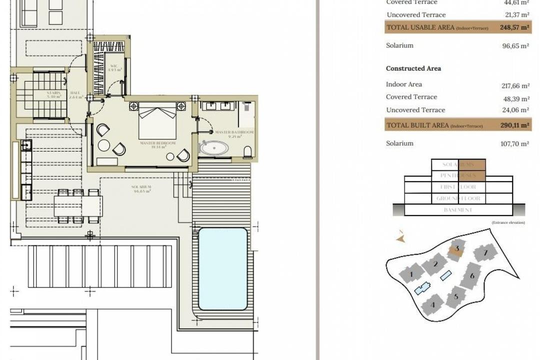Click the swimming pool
223,269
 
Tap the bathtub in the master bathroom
214,148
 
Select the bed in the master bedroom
157,122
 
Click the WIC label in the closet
113,67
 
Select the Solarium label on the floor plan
141,189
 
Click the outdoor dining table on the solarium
78,205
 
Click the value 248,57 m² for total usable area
514,28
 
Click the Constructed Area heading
413,68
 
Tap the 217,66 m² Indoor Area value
515,85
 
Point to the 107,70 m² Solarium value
515,143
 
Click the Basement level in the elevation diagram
457,210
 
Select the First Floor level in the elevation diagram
458,187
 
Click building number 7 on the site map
485,253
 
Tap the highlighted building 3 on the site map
456,249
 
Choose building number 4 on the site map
433,303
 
